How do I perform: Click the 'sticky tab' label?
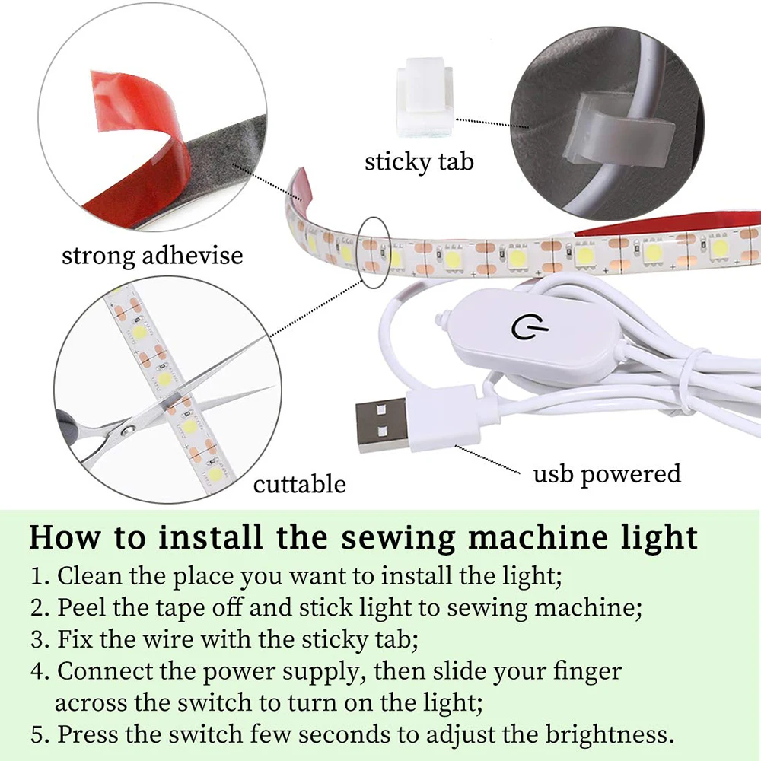click(419, 161)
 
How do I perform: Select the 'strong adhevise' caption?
click(152, 254)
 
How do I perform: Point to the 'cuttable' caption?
click(299, 484)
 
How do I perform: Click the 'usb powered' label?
click(607, 473)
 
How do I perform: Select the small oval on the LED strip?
click(373, 251)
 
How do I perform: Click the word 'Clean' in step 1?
click(90, 575)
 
